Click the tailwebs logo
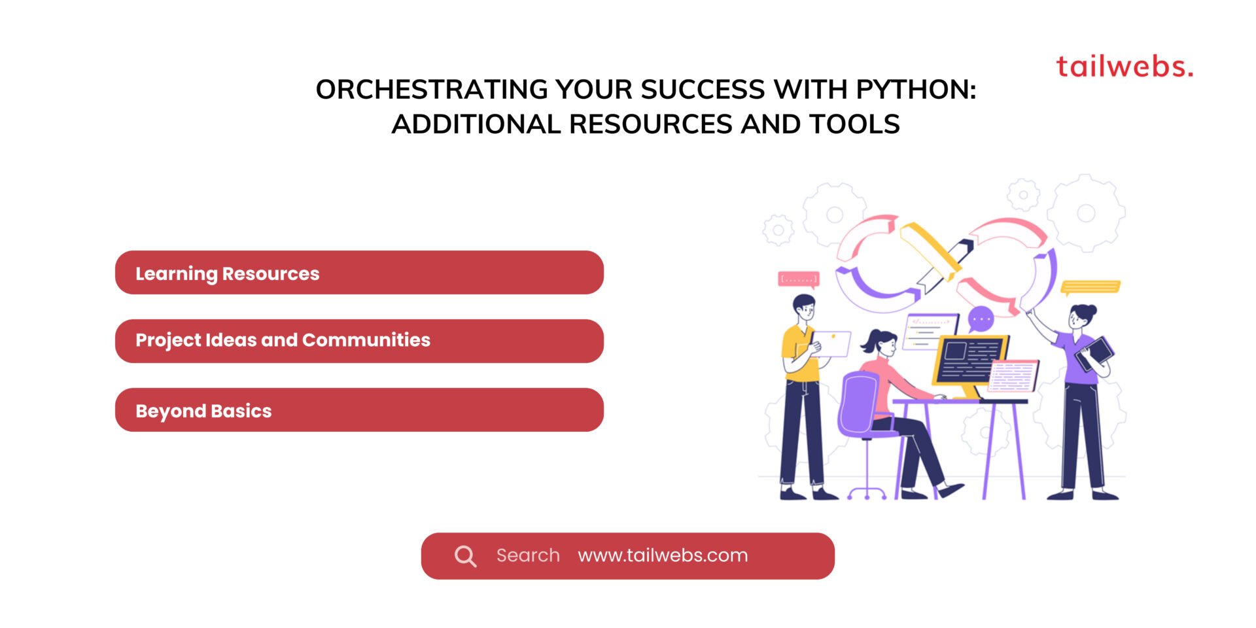[x=1124, y=67]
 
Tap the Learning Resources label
[x=227, y=273]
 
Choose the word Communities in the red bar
[x=366, y=340]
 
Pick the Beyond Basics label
[x=203, y=411]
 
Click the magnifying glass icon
[x=465, y=556]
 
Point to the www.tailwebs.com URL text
[x=663, y=555]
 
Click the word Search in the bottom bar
[x=528, y=555]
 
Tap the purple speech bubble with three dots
[x=981, y=319]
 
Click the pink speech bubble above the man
[x=798, y=279]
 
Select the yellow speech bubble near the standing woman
[x=1090, y=287]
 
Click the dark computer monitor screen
[x=969, y=359]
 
